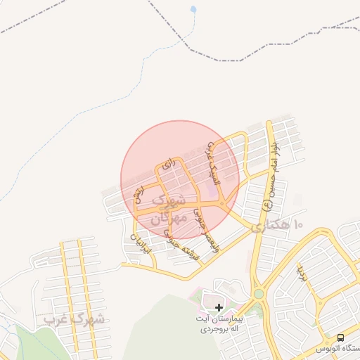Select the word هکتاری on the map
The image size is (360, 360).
point(268,226)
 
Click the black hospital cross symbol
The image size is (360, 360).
point(219,307)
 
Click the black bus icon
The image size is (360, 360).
point(340,337)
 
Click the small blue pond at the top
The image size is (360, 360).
point(193,10)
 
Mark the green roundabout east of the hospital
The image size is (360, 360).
point(259,293)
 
